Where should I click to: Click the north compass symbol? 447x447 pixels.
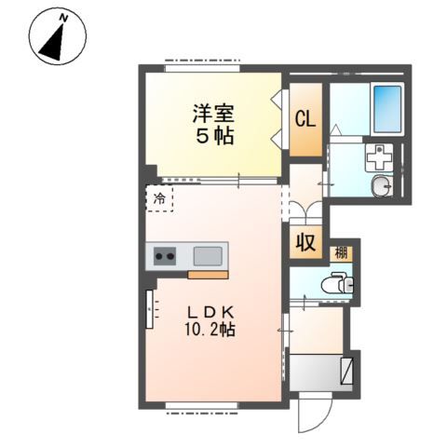(x=58, y=36)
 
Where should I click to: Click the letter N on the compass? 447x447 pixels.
(x=63, y=19)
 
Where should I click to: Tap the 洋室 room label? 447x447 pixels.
(x=213, y=114)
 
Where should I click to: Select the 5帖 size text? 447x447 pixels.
(x=215, y=136)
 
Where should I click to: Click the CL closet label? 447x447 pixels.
(x=305, y=119)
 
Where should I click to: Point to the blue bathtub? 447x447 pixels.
(x=387, y=109)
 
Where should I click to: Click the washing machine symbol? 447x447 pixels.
(x=379, y=157)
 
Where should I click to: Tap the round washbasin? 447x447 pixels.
(x=381, y=186)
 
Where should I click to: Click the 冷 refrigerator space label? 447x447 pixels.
(x=160, y=198)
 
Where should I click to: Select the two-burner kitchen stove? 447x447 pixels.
(x=165, y=256)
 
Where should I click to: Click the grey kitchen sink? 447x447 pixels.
(x=208, y=256)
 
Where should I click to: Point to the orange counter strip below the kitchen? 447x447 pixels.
(x=208, y=275)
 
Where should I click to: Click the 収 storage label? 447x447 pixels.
(x=305, y=242)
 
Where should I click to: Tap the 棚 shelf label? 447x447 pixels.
(x=341, y=253)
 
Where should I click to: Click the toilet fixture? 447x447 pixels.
(x=337, y=283)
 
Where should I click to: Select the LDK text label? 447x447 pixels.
(x=210, y=313)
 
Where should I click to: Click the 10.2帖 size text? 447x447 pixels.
(x=210, y=330)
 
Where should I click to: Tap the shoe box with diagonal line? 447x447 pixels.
(x=346, y=372)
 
